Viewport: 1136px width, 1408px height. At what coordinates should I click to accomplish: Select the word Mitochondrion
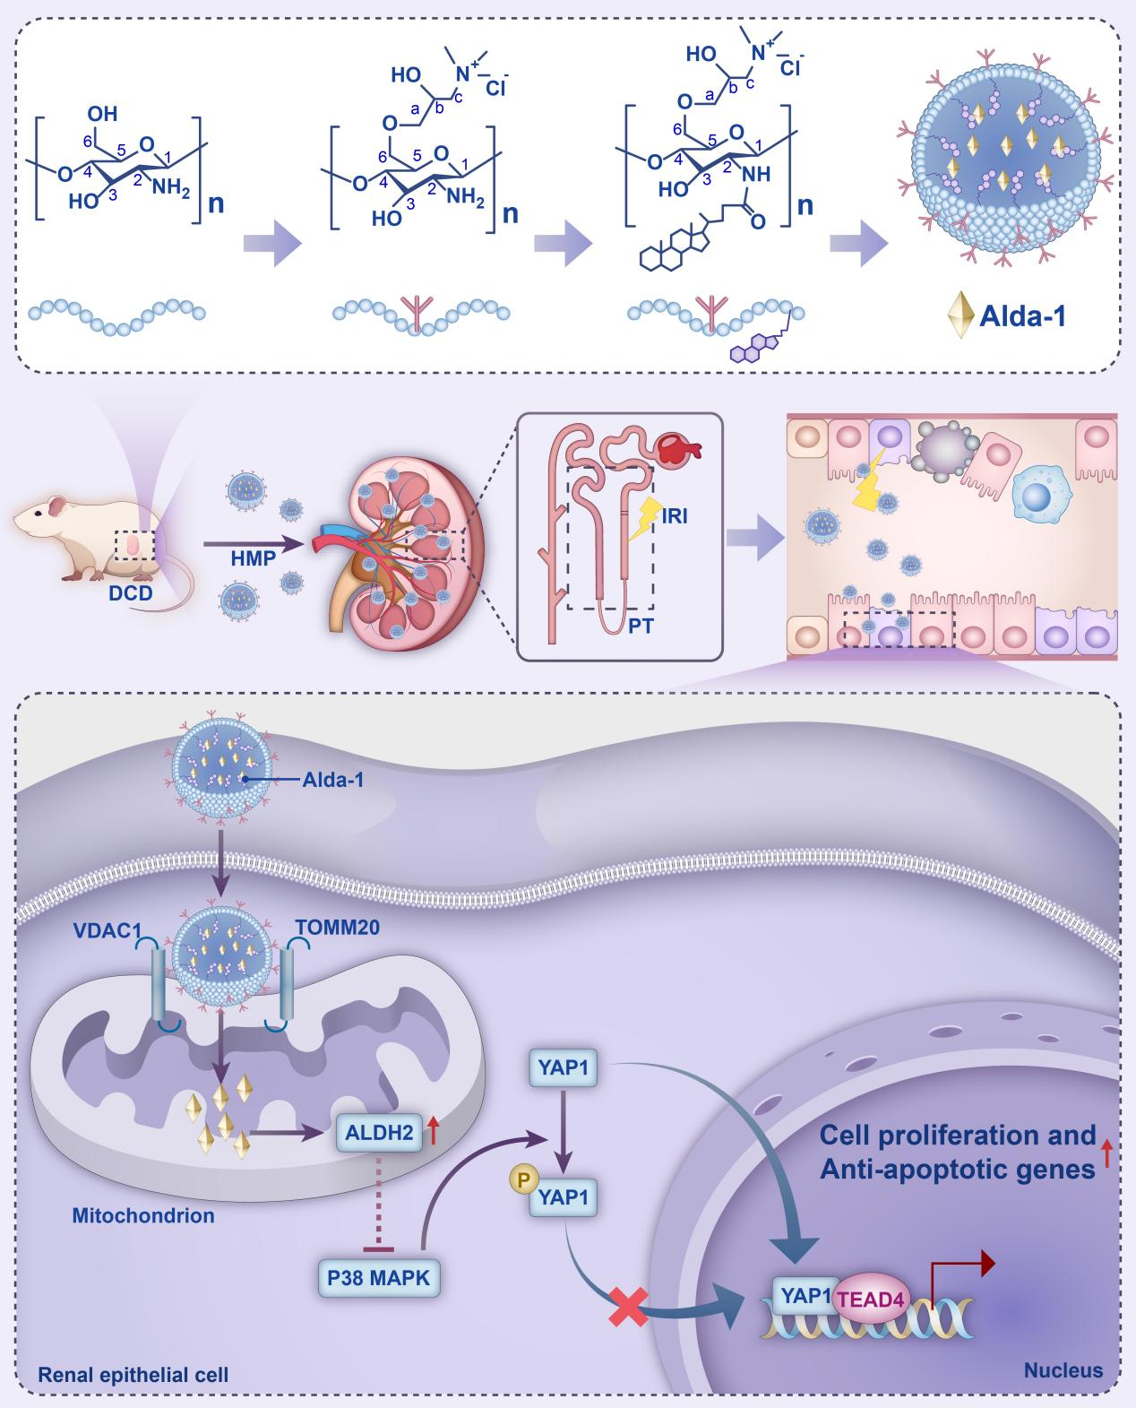[143, 1216]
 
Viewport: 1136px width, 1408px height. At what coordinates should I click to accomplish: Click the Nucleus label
[1063, 1370]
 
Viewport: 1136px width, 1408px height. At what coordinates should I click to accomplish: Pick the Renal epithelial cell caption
[133, 1374]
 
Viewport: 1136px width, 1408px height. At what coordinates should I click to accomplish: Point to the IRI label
[676, 517]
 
